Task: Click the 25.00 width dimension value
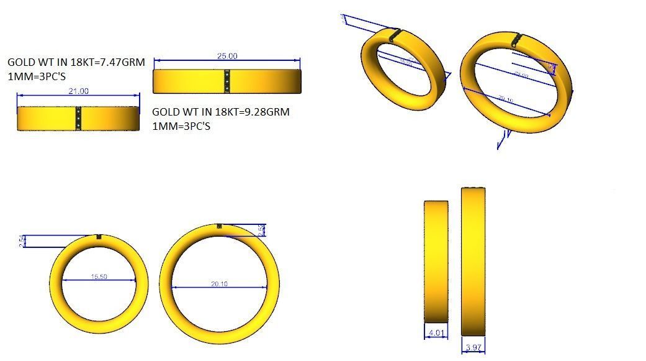coord(227,56)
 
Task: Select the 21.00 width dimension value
coord(78,91)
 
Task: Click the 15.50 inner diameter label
coord(99,276)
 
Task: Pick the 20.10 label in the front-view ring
coord(219,284)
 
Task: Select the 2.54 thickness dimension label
coord(22,241)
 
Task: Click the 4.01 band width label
coord(436,333)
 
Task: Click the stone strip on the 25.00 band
coord(227,81)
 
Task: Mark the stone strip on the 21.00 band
coord(78,118)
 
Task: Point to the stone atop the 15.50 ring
coord(99,236)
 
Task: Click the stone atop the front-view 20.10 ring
coord(219,226)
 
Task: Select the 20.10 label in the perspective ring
coord(506,100)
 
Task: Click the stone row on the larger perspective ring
coord(516,41)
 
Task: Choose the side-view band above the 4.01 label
coord(436,261)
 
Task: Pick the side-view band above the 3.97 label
coord(473,261)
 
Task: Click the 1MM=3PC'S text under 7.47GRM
coord(37,76)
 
